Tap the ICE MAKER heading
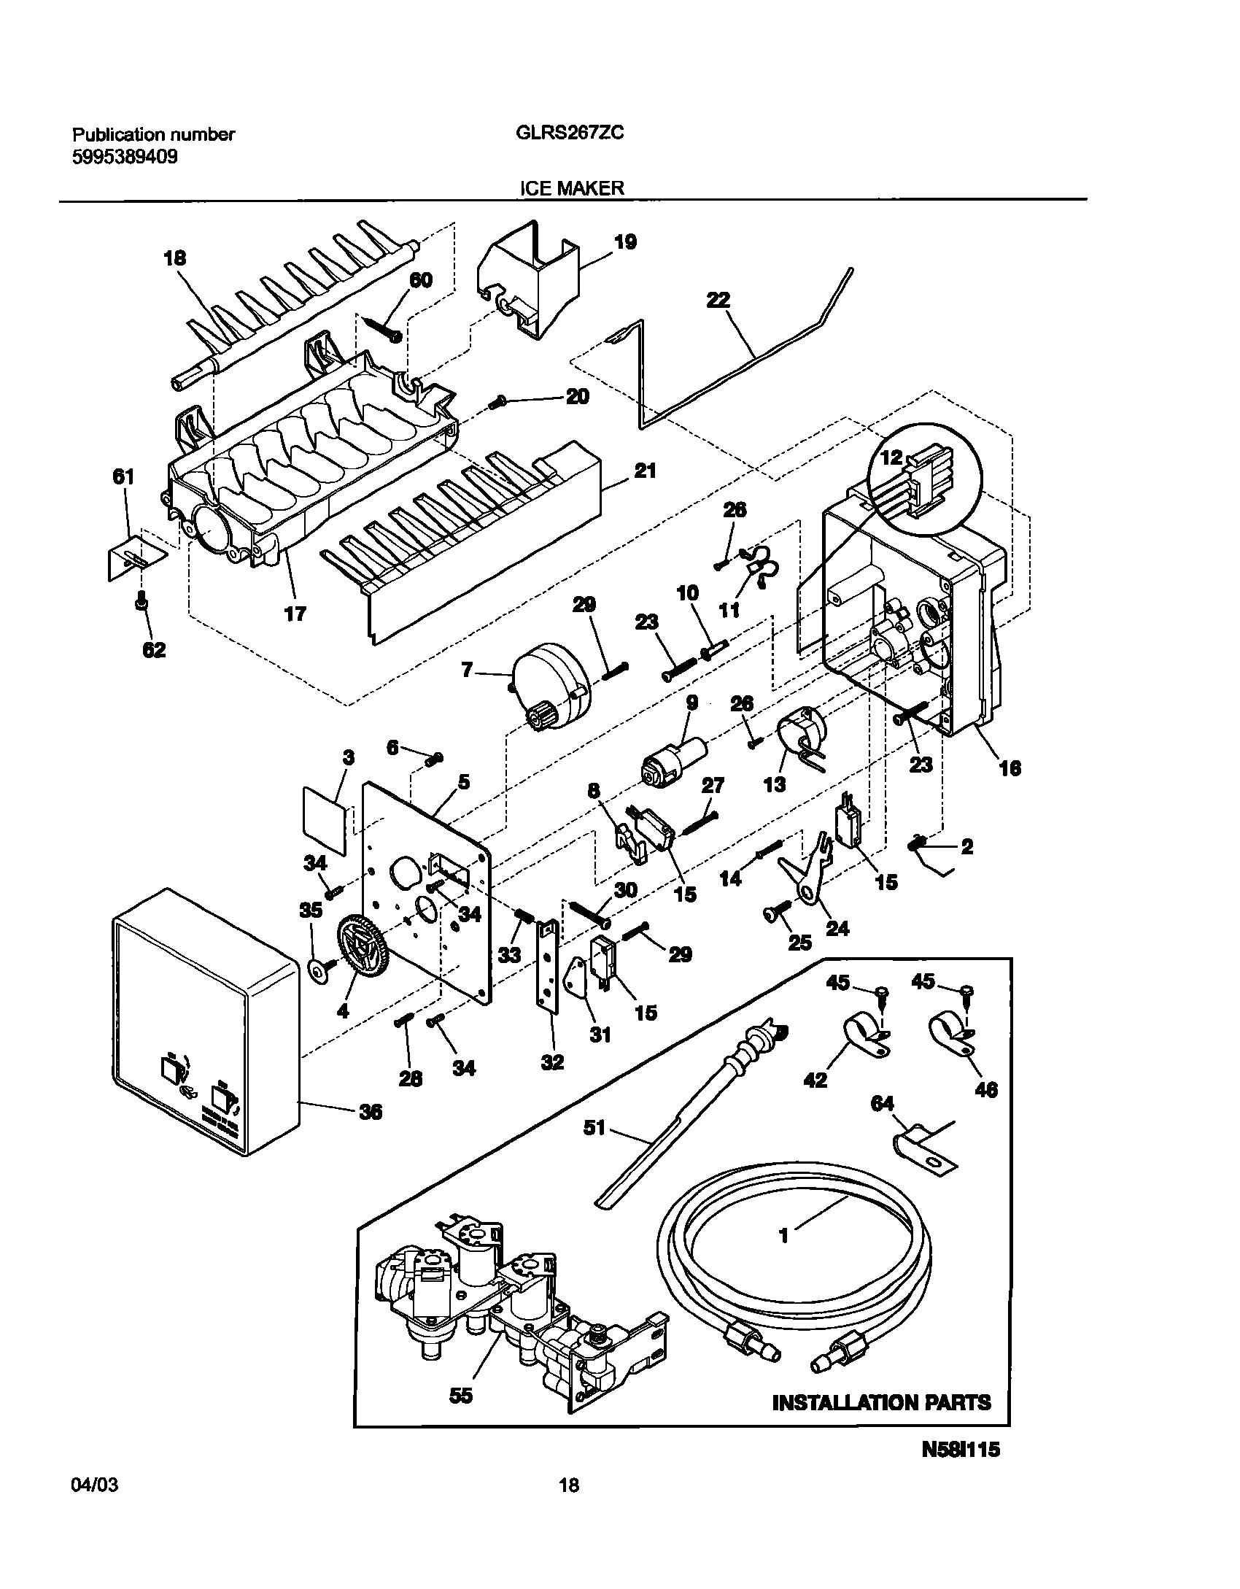571,188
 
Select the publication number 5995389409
125,157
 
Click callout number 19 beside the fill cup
625,242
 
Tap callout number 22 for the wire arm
718,301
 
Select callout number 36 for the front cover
371,1112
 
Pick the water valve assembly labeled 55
511,1306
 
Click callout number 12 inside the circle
891,458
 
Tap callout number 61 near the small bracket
123,477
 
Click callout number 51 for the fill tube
595,1129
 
